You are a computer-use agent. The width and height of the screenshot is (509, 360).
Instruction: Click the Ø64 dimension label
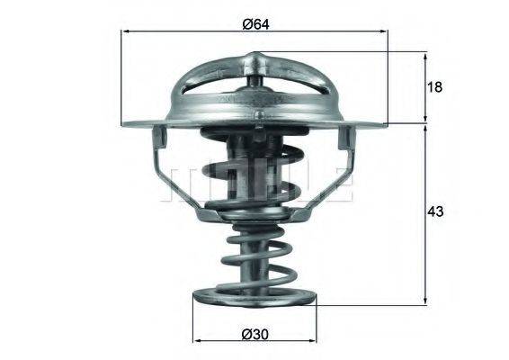click(x=254, y=22)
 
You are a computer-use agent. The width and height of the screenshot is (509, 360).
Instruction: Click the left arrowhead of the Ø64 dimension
click(x=126, y=32)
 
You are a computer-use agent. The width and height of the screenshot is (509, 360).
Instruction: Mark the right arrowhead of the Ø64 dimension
click(x=384, y=32)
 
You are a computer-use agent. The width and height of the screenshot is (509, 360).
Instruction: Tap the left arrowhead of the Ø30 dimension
click(x=198, y=342)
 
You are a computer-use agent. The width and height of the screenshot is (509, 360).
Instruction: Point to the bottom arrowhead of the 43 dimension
click(x=424, y=300)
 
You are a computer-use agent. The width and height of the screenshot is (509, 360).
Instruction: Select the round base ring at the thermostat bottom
click(x=254, y=299)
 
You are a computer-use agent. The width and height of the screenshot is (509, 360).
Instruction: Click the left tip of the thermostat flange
click(x=123, y=123)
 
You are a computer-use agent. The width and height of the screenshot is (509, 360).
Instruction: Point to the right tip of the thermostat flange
click(x=387, y=123)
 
